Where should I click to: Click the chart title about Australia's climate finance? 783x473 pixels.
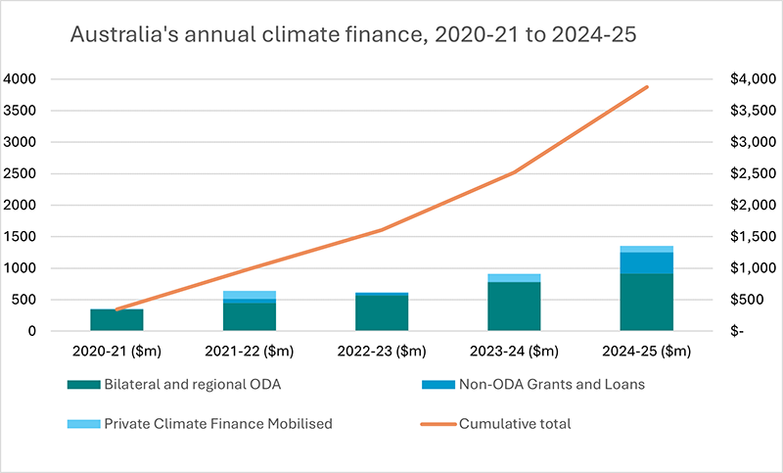tap(351, 35)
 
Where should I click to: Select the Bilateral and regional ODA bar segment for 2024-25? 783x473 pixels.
tap(646, 303)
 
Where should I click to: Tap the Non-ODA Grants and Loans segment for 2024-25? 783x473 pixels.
tap(646, 262)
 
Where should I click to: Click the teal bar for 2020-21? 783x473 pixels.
tap(116, 320)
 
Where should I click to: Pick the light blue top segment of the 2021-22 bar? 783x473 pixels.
tap(249, 295)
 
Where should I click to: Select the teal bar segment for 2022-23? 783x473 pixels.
tap(381, 313)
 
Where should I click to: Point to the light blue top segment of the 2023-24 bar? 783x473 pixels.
tap(514, 278)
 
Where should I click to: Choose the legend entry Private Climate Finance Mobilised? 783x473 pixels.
tap(196, 425)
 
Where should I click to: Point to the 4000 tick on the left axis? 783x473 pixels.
tap(21, 79)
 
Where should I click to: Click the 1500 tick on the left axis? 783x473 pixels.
tap(21, 237)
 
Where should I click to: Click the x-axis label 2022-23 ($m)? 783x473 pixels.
tap(381, 351)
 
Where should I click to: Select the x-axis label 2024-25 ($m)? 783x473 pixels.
tap(646, 351)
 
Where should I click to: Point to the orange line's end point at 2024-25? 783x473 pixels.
tap(646, 87)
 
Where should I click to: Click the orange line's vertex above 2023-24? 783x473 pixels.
tap(514, 172)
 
